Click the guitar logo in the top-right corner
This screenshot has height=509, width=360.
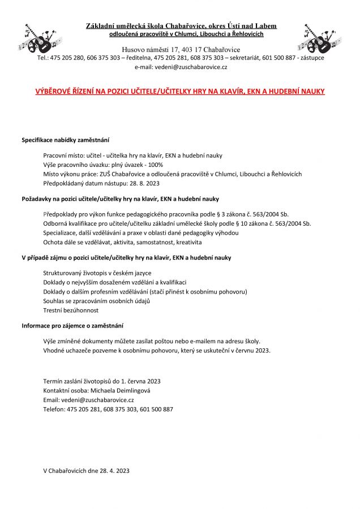(x=320, y=38)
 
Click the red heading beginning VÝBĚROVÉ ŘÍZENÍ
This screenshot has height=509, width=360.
(x=180, y=91)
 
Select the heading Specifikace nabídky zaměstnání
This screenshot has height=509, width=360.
(x=65, y=140)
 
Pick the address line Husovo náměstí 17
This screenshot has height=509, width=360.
(x=181, y=50)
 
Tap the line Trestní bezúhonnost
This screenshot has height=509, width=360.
(x=71, y=310)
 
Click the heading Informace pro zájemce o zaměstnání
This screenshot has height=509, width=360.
(x=72, y=326)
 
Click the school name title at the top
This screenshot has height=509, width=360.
(x=181, y=26)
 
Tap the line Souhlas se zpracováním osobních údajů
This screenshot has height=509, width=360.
(x=96, y=301)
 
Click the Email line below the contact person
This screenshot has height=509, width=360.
(x=88, y=399)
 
